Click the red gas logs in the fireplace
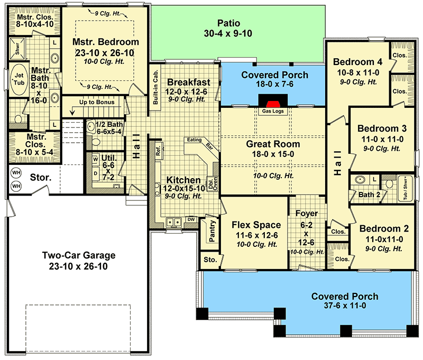tap(273, 104)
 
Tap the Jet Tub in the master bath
tap(19, 79)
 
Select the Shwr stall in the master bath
tap(17, 48)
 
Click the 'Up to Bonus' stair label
tap(97, 102)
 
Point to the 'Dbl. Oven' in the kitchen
tap(213, 183)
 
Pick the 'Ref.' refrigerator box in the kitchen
tap(158, 151)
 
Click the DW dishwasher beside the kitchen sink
tap(191, 219)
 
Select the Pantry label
tap(212, 231)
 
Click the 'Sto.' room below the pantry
tap(210, 260)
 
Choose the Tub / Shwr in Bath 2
tap(406, 188)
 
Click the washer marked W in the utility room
tap(96, 159)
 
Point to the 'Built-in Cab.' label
tap(155, 87)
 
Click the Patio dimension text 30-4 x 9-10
tap(228, 33)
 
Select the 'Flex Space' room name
tap(256, 225)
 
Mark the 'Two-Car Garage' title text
tap(79, 255)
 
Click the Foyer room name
tap(307, 213)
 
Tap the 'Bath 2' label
tap(369, 195)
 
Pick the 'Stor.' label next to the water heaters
tap(41, 178)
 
